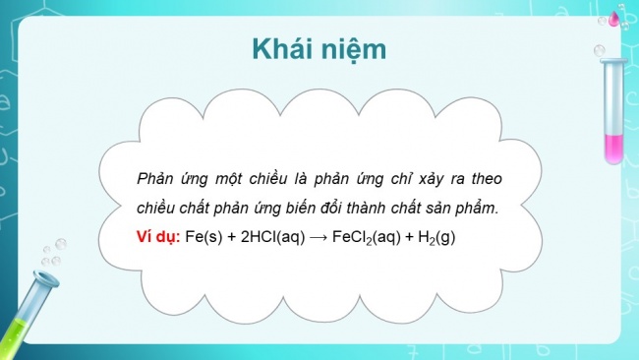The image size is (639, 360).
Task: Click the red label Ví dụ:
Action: [157, 239]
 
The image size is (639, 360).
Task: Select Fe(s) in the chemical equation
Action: [203, 239]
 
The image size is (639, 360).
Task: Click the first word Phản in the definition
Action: [157, 177]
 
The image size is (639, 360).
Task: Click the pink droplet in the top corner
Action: [616, 17]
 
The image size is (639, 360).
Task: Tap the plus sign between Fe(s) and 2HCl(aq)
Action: [232, 239]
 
